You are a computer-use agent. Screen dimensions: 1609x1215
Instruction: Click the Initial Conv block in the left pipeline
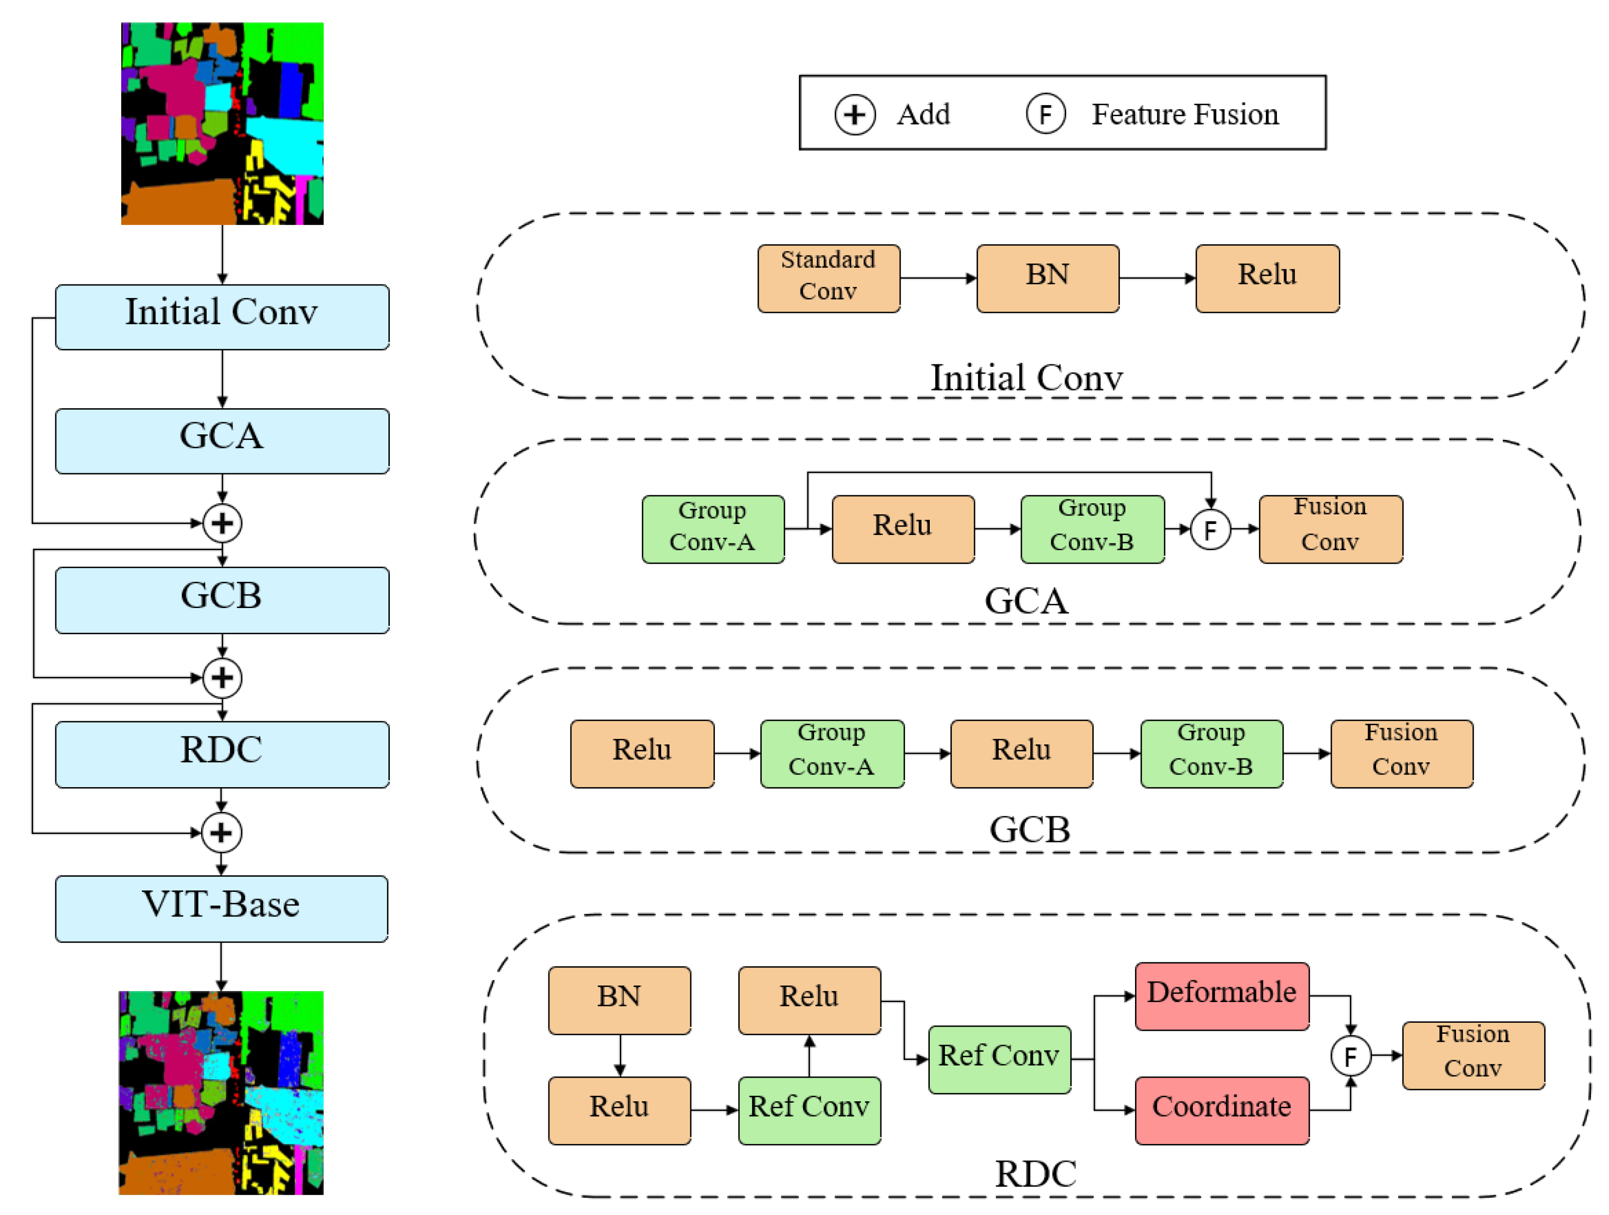click(222, 317)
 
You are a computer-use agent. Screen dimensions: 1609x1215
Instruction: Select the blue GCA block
click(222, 441)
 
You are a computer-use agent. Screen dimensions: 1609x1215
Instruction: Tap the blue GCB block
click(222, 600)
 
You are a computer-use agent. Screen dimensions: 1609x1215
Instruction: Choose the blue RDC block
click(222, 754)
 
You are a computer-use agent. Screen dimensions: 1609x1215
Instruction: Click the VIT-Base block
click(221, 908)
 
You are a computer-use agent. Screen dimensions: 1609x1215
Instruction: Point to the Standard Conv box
click(829, 279)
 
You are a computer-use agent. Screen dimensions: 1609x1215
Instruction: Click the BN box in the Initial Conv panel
click(1048, 279)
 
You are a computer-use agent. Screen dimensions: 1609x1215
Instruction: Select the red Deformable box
click(1222, 996)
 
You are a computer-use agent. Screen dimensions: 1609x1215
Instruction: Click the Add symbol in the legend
click(855, 115)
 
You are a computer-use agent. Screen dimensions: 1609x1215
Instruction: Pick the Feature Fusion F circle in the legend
click(1046, 114)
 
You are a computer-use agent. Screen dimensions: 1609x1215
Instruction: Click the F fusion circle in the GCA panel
click(1211, 529)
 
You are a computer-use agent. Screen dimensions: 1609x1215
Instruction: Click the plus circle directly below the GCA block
click(222, 523)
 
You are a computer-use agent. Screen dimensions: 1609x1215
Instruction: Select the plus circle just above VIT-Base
click(221, 833)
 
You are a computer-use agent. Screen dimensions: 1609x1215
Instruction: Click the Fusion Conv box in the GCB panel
click(1402, 754)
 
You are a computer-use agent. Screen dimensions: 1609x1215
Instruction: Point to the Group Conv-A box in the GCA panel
click(713, 529)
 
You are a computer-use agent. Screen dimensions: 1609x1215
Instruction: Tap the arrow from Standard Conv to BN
click(938, 278)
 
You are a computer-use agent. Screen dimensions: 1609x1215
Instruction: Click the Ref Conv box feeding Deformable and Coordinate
click(999, 1059)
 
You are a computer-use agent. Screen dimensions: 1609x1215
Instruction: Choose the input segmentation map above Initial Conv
click(222, 124)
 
